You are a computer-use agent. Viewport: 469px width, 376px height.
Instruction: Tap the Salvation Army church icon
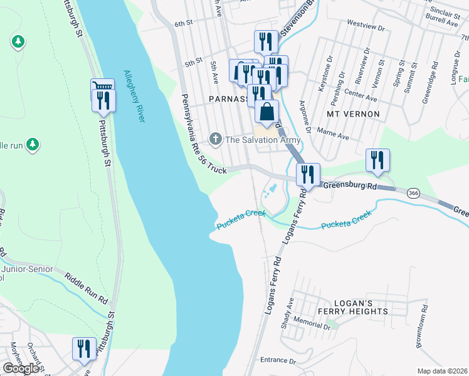215,138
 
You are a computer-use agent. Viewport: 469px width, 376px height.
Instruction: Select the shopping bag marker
266,112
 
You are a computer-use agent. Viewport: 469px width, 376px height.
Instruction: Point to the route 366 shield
413,192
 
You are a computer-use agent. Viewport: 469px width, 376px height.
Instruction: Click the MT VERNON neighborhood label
353,114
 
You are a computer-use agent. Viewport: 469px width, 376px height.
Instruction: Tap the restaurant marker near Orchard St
84,350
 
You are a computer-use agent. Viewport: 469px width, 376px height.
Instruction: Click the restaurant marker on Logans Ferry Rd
308,175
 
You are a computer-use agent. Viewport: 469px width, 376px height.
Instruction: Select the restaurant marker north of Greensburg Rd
378,160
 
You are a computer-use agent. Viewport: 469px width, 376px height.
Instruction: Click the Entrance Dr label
278,360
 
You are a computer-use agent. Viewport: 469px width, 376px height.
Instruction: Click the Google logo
21,368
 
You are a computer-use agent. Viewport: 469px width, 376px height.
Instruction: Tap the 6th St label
182,23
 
